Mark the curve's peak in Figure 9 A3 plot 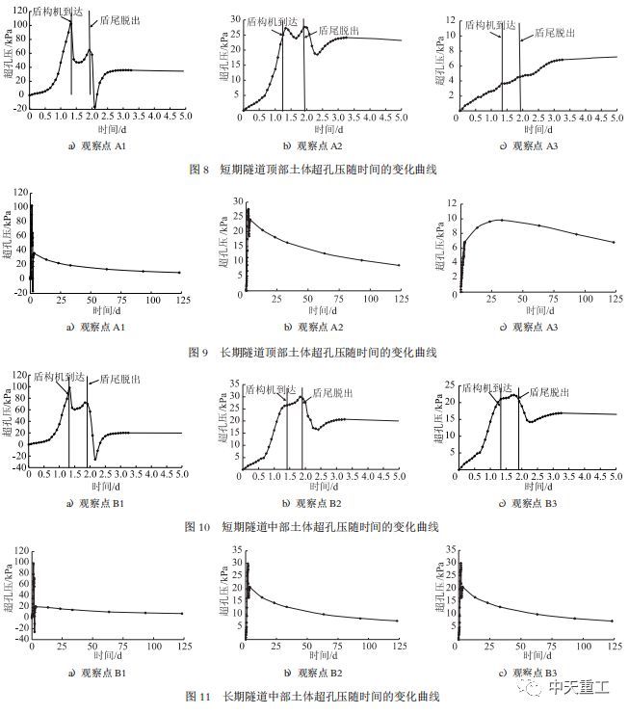pyautogui.click(x=499, y=220)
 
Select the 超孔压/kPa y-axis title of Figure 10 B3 pyautogui.click(x=448, y=424)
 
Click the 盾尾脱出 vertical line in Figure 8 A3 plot pyautogui.click(x=520, y=72)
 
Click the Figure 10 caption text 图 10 pyautogui.click(x=197, y=527)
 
